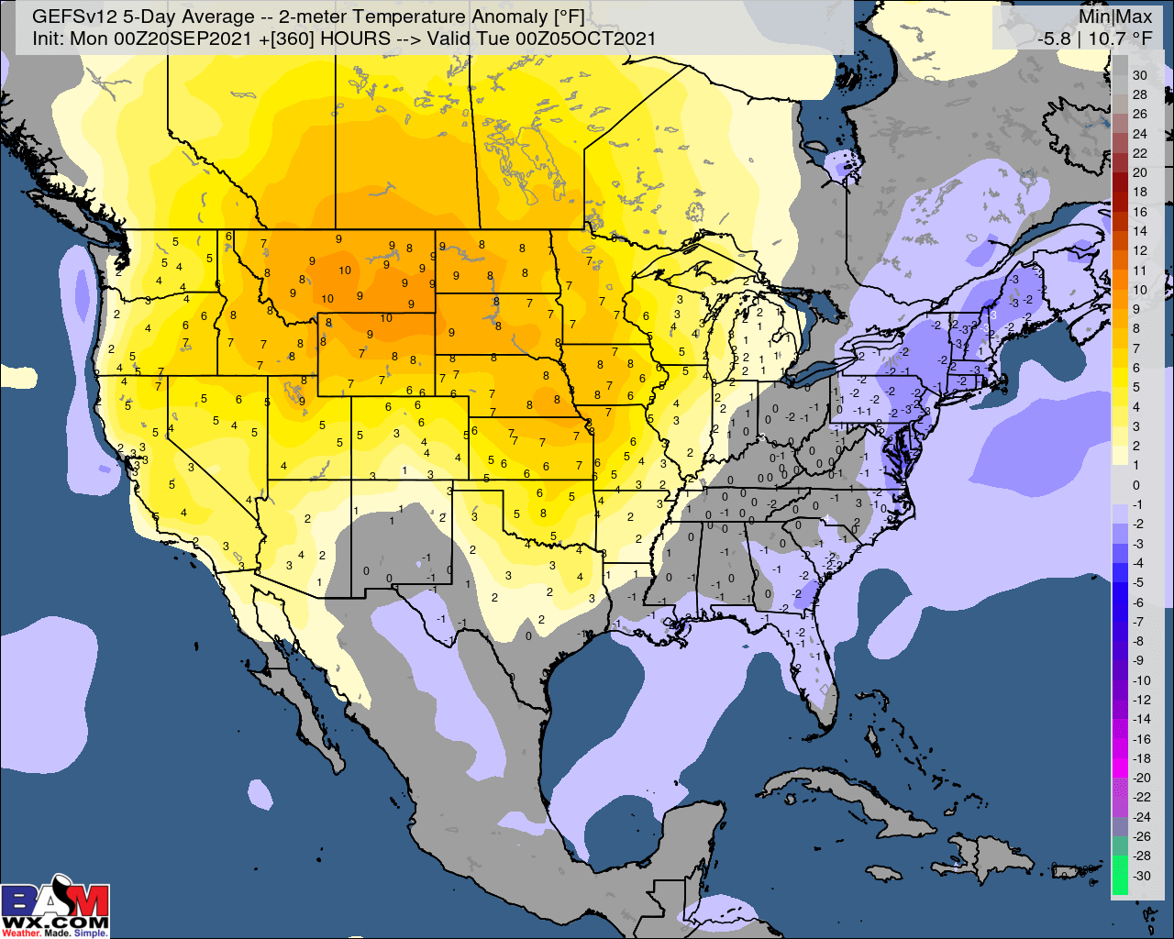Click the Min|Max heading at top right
[x=1114, y=17]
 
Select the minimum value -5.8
[x=1053, y=39]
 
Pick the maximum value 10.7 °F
[x=1119, y=39]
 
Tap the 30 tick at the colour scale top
[x=1139, y=75]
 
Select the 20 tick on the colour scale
[x=1139, y=172]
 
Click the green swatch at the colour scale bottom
[x=1120, y=875]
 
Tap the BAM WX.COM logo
[x=55, y=903]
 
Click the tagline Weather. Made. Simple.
[x=55, y=933]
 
